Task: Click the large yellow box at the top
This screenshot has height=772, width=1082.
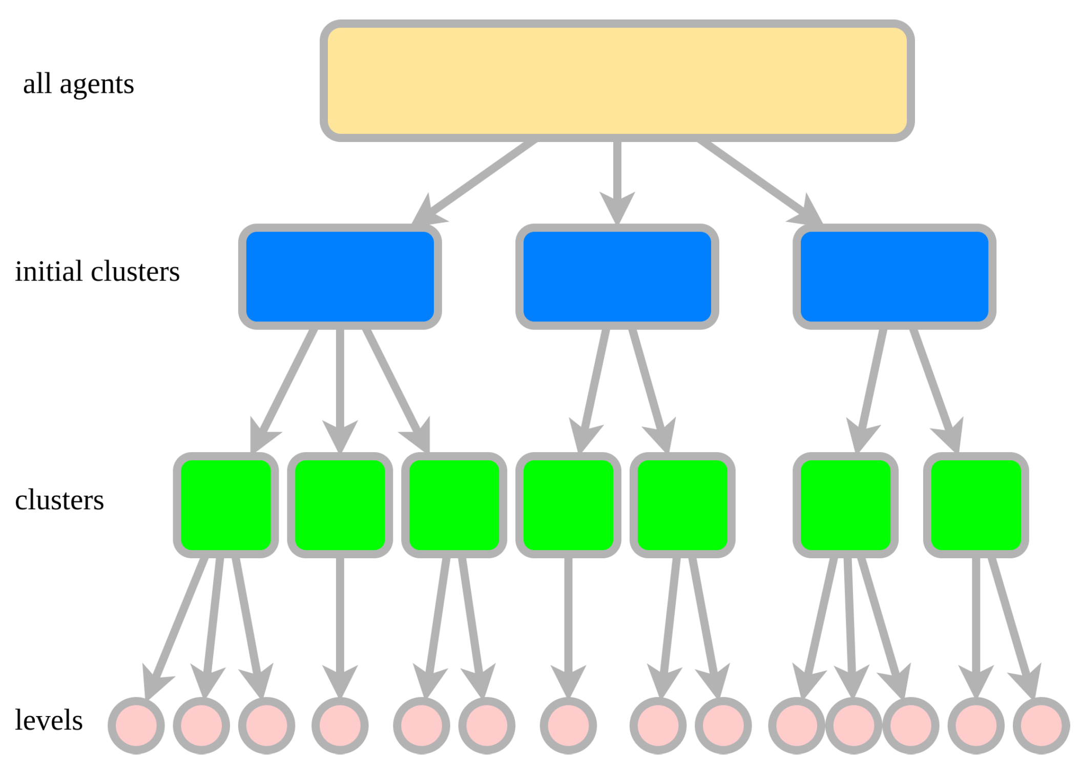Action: (x=617, y=81)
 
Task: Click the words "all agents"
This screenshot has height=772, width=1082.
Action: (x=78, y=84)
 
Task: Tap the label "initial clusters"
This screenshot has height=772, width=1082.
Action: (x=97, y=272)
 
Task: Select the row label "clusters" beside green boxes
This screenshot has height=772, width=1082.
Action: (x=59, y=500)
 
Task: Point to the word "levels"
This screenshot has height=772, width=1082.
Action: (x=49, y=720)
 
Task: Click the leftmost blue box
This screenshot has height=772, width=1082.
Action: (x=340, y=277)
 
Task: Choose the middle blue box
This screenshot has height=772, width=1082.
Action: (x=617, y=277)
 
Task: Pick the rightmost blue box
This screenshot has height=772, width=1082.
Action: (x=894, y=277)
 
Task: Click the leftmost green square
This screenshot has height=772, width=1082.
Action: (x=226, y=505)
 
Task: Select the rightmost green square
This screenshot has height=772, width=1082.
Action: (x=976, y=505)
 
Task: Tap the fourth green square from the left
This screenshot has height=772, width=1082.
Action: (x=568, y=505)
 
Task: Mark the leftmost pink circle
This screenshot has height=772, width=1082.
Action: (x=136, y=725)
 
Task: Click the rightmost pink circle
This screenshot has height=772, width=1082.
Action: (x=1041, y=725)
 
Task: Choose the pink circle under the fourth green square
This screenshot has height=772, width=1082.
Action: (x=568, y=725)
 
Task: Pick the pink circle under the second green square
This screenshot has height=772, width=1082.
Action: (x=340, y=725)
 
